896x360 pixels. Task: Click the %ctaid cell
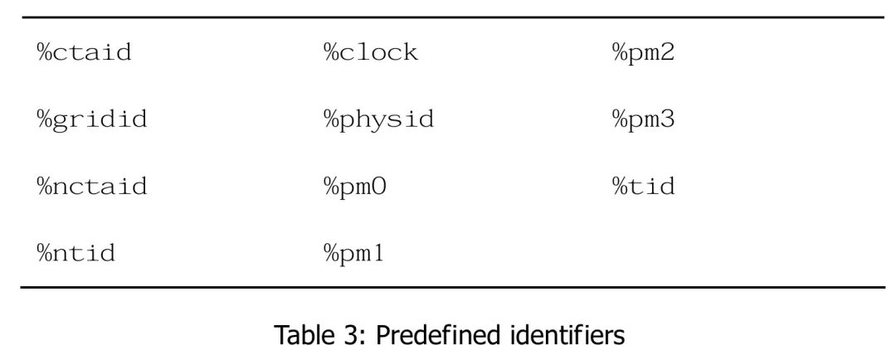pyautogui.click(x=85, y=56)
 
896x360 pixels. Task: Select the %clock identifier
pyautogui.click(x=370, y=56)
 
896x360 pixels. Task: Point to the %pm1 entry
pyautogui.click(x=356, y=251)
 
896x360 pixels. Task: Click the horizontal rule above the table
pyautogui.click(x=448, y=17)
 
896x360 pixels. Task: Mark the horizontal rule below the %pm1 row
pyautogui.click(x=448, y=287)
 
